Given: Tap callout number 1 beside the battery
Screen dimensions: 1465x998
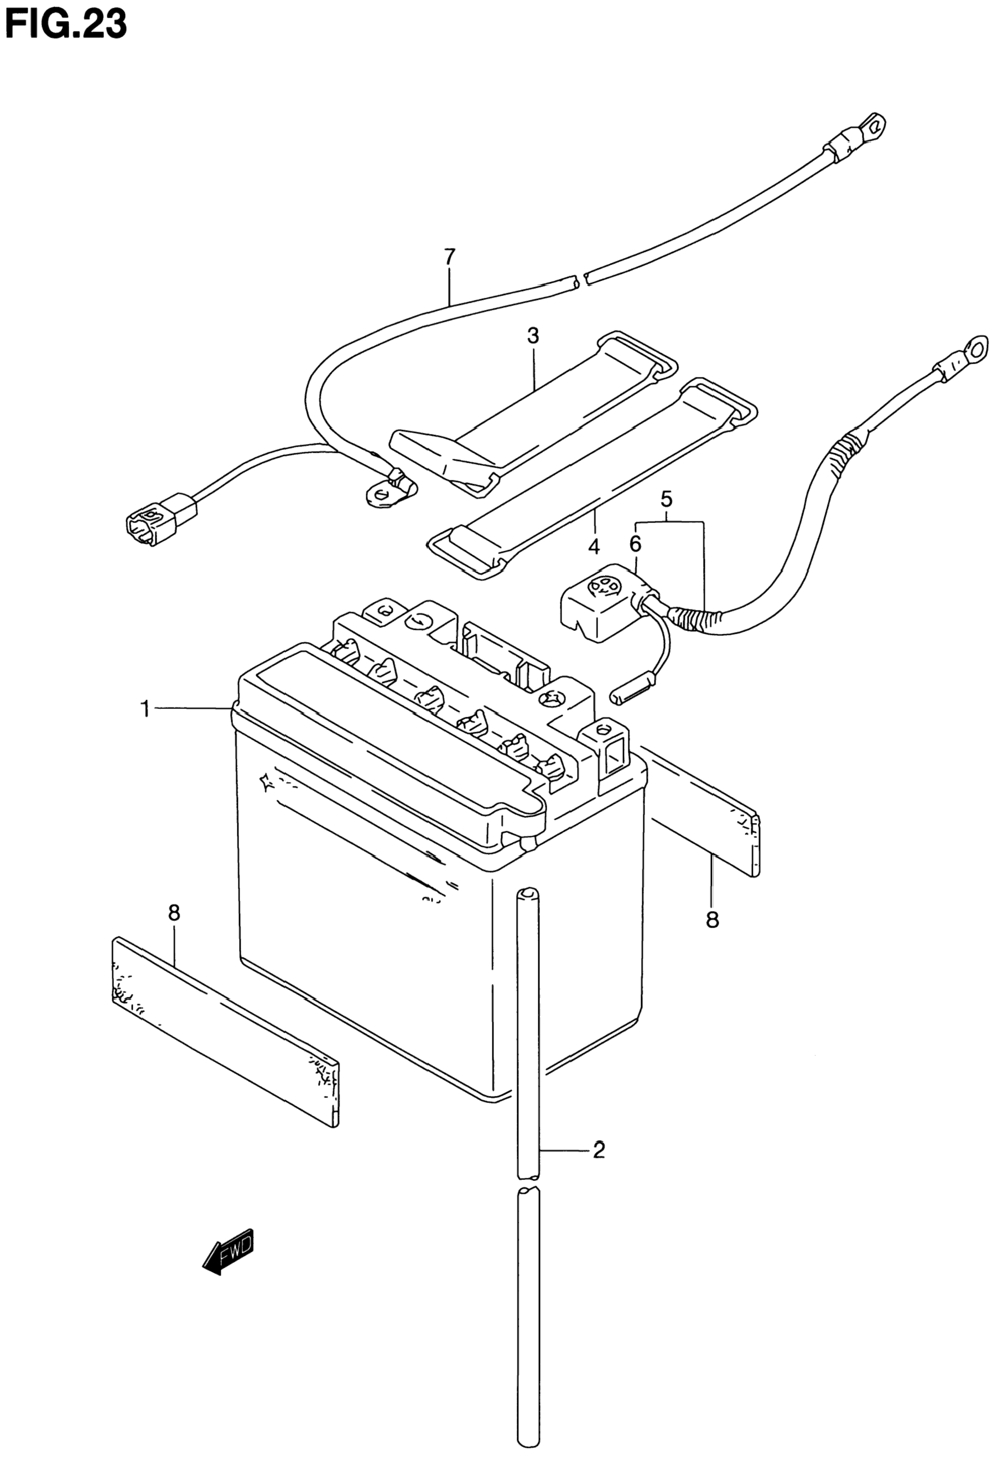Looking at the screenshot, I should pos(145,709).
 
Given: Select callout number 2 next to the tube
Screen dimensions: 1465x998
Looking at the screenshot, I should pos(598,1151).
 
